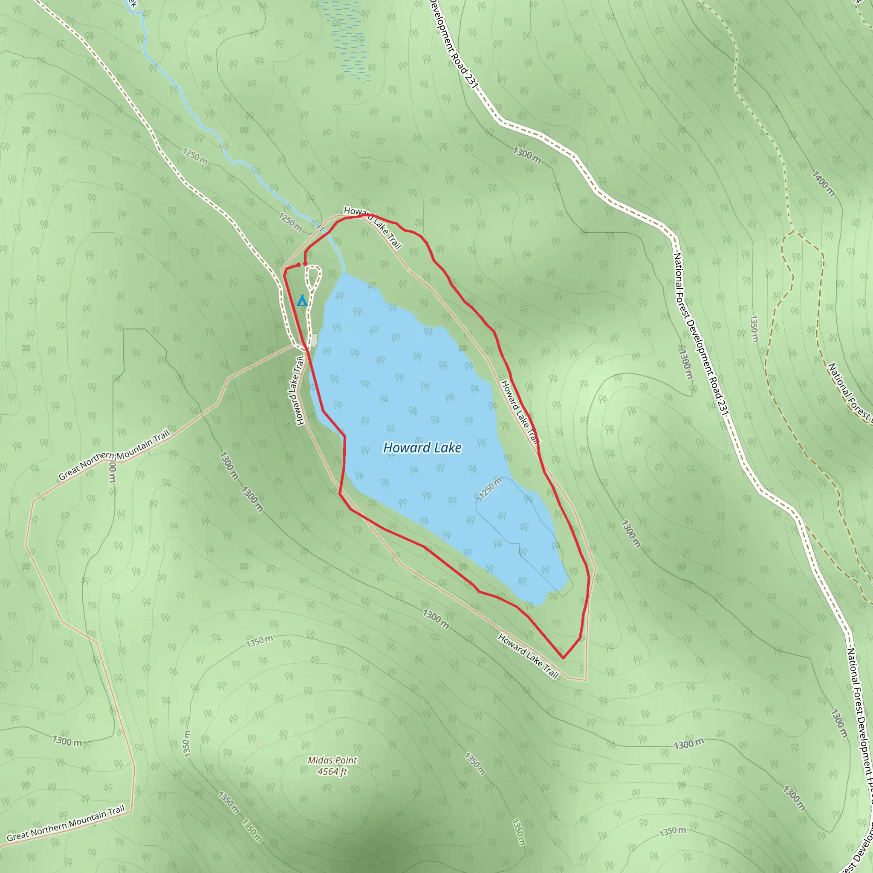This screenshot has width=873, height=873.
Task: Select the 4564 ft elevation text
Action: (x=332, y=772)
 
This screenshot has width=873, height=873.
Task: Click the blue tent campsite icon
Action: (x=302, y=301)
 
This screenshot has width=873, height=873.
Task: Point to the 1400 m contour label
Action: (x=823, y=183)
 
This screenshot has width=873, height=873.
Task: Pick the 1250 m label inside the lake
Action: (x=491, y=488)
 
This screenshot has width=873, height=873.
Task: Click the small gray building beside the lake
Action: (x=314, y=340)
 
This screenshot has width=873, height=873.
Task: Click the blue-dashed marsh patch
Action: (x=348, y=40)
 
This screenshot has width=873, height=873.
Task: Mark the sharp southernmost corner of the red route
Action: (x=563, y=658)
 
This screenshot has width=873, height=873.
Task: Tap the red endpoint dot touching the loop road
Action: (x=306, y=263)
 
